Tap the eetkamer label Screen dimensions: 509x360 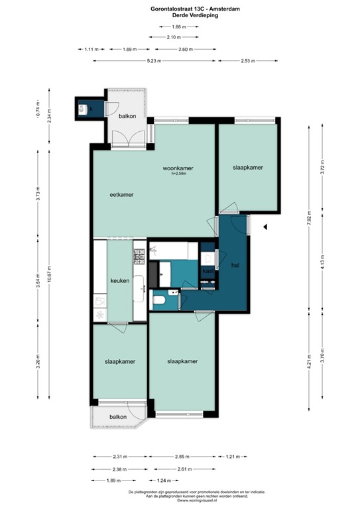coord(122,195)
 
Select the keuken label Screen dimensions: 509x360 coord(120,281)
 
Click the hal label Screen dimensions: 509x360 coord(235,264)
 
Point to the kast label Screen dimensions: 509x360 coord(208,271)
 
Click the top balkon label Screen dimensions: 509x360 coord(127,116)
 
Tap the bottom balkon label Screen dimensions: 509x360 coord(118,417)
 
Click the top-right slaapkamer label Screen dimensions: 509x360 coord(249,168)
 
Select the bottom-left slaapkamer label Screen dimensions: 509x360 coord(120,362)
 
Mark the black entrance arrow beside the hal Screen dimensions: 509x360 coord(265,227)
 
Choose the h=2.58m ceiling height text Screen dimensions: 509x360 coord(180,174)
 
